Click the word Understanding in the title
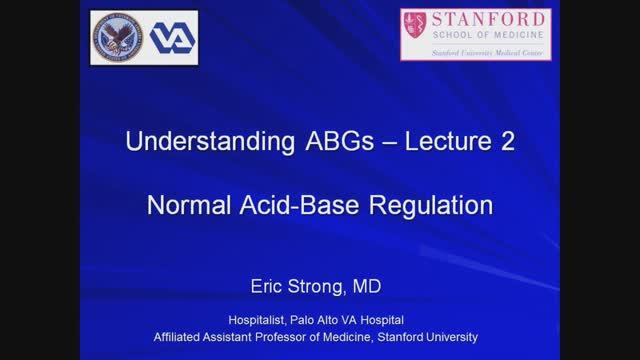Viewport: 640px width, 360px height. [x=190, y=143]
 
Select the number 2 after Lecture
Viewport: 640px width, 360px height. [x=507, y=143]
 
